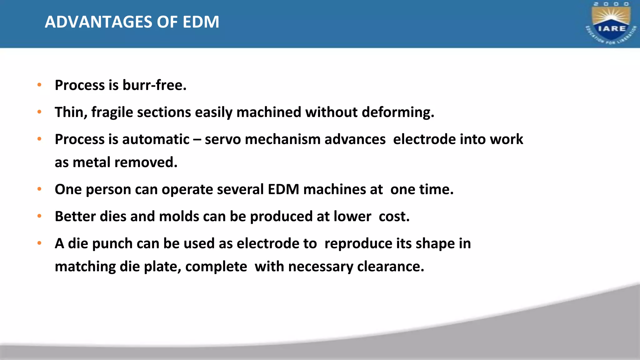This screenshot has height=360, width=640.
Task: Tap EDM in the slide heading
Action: click(201, 22)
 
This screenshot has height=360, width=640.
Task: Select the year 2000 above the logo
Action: click(611, 4)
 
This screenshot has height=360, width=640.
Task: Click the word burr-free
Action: click(154, 85)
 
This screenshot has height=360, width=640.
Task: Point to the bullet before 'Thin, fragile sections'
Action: click(39, 112)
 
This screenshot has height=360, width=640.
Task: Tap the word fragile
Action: click(112, 112)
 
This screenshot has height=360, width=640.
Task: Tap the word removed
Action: click(146, 162)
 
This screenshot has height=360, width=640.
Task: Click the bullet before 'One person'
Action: click(39, 189)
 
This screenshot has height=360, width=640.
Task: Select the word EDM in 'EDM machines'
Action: click(283, 189)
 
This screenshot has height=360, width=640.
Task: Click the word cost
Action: click(394, 216)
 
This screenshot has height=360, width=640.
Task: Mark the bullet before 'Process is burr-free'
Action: click(39, 85)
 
